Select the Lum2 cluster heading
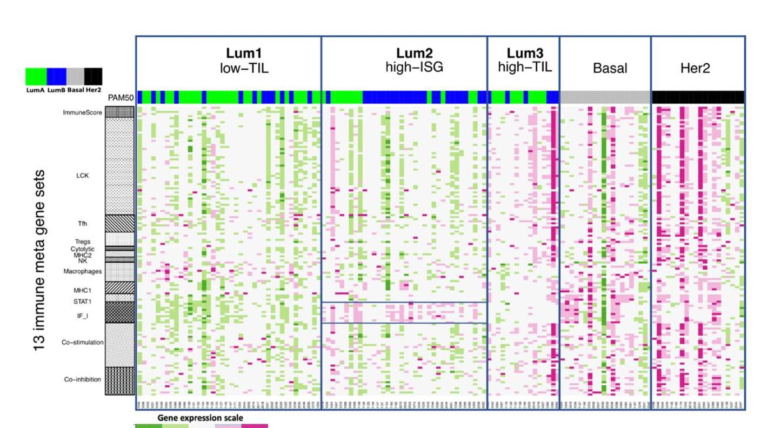[x=415, y=54]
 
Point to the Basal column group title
[x=610, y=68]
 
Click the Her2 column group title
[x=695, y=68]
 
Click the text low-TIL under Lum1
[x=244, y=68]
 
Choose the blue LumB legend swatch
[x=56, y=76]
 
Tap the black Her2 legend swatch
[x=93, y=76]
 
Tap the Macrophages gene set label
[x=82, y=271]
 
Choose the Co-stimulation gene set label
[x=82, y=343]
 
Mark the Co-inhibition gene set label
[x=83, y=379]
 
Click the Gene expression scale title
[x=200, y=418]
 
